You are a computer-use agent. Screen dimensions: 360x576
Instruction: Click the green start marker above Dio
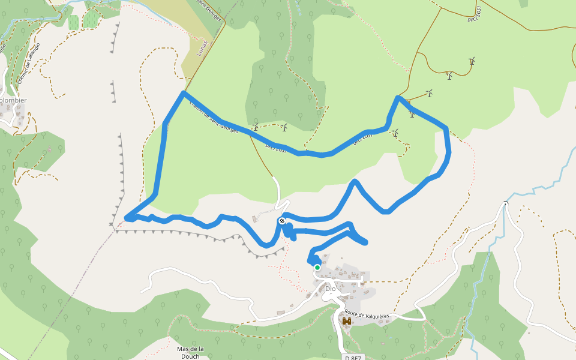click(x=317, y=268)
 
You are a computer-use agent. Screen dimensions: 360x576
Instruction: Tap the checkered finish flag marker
click(x=281, y=221)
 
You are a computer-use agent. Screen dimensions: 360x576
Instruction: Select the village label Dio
click(x=330, y=289)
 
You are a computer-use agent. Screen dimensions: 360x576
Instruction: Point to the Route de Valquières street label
click(x=367, y=314)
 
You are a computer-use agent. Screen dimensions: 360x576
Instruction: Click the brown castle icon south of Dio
click(x=346, y=322)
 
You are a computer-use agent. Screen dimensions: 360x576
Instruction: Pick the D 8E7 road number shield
click(x=354, y=358)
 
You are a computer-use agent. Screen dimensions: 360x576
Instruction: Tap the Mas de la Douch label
click(x=191, y=352)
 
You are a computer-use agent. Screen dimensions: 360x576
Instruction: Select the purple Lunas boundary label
click(x=202, y=48)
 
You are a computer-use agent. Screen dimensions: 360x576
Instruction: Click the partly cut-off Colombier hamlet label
click(x=13, y=100)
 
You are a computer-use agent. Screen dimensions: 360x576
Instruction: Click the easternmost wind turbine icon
click(x=473, y=61)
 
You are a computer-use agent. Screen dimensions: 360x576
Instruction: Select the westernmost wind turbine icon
click(x=256, y=127)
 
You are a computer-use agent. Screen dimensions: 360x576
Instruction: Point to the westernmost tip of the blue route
click(x=126, y=218)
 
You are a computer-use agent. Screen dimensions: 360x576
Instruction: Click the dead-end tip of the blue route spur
click(x=365, y=242)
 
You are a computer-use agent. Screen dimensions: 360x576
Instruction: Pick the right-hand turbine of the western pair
click(x=284, y=127)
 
